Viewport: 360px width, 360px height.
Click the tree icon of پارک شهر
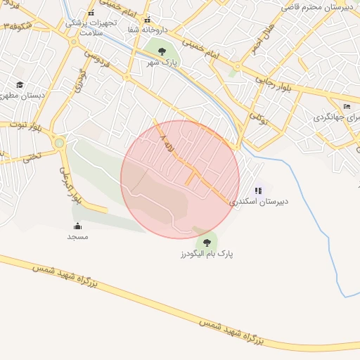pos(163,51)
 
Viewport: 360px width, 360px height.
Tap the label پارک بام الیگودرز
pos(207,252)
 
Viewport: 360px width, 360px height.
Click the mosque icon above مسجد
pos(77,226)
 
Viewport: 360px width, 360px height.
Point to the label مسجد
pos(77,237)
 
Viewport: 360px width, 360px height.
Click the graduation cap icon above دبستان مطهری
pos(20,84)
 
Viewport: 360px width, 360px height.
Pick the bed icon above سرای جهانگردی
pos(347,106)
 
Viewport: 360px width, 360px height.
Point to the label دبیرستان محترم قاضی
pos(320,6)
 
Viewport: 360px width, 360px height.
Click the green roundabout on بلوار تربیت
pos(58,143)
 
